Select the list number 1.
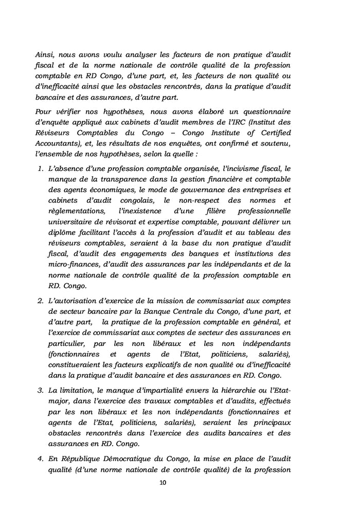pos(41,168)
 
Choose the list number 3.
pos(41,394)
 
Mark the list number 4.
pos(41,460)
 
